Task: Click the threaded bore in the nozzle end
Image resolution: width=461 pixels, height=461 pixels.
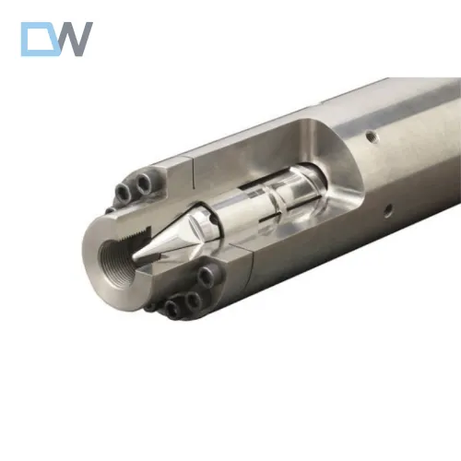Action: pos(112,245)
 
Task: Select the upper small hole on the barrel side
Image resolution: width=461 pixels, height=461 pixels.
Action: pos(370,136)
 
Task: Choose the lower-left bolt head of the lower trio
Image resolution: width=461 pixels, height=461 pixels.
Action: pos(171,308)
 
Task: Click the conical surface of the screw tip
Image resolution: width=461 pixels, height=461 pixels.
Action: pos(171,242)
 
